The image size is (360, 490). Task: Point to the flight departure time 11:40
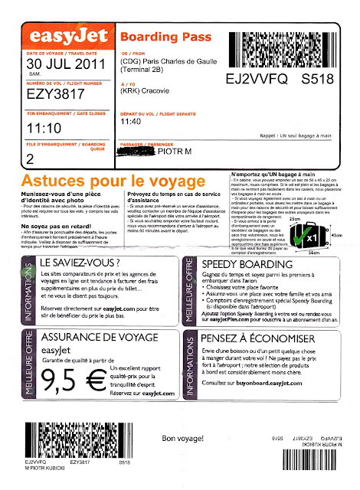click(132, 120)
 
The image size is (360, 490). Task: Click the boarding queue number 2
click(30, 158)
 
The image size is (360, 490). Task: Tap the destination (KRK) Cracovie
click(147, 90)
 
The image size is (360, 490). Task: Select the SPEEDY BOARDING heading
click(267, 283)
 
